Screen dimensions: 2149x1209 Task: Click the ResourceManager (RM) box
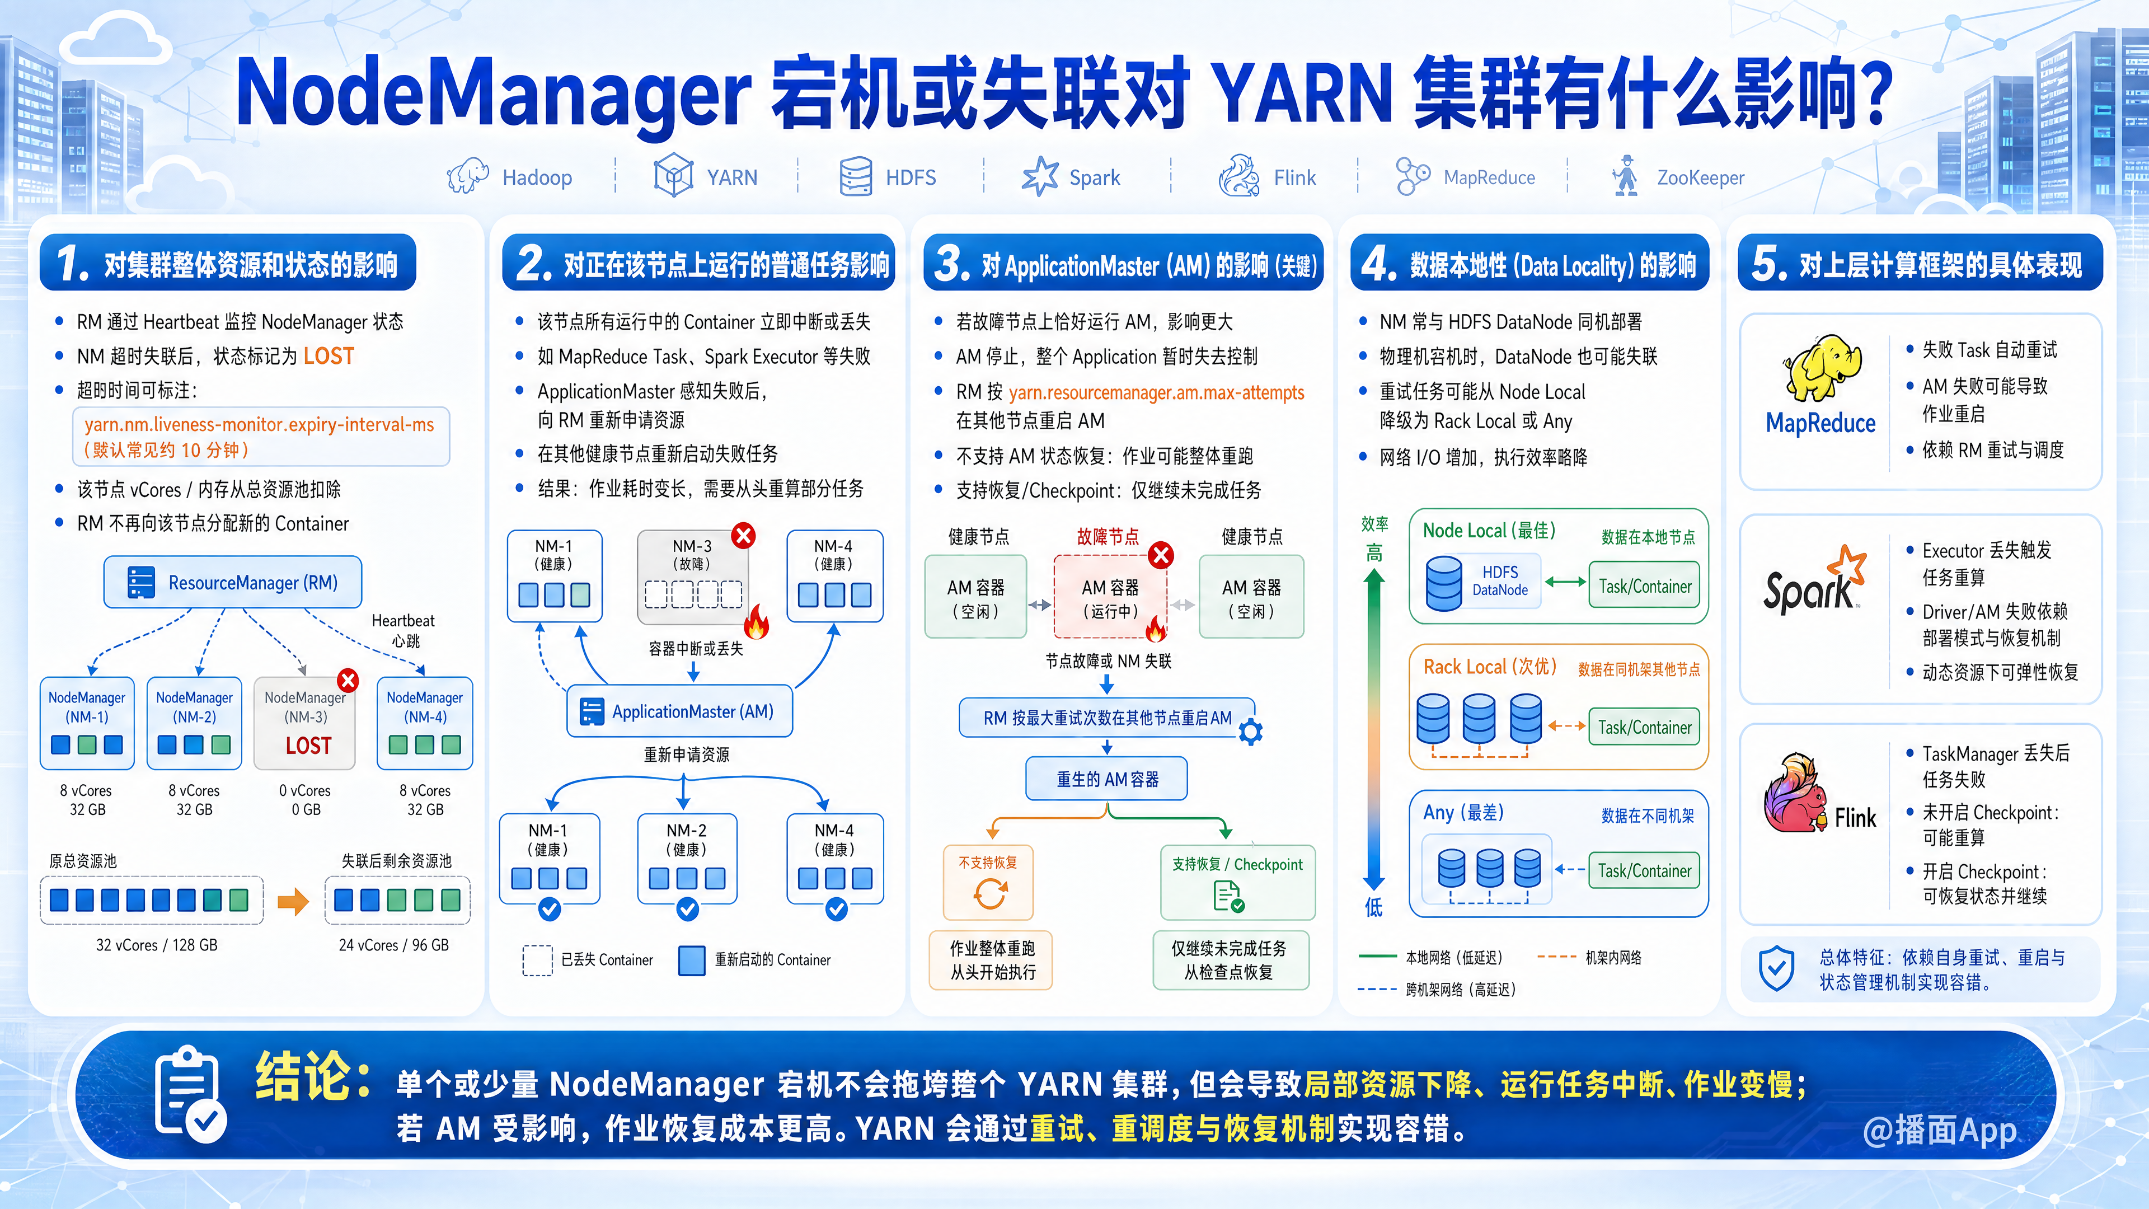point(233,582)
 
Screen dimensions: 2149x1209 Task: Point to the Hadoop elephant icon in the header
point(467,176)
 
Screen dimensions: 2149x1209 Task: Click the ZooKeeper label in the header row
point(1700,178)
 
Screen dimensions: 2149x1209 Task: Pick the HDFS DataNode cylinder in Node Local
point(1444,582)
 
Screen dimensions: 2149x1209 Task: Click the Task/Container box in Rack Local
point(1644,727)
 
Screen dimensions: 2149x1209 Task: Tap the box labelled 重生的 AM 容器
point(1106,779)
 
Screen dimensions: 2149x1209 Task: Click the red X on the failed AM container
point(1161,555)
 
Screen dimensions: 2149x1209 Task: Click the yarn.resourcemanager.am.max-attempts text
point(1156,393)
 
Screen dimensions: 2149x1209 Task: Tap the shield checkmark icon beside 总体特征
point(1776,968)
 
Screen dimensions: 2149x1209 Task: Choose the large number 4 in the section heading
point(1378,264)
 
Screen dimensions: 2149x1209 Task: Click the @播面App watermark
point(1940,1131)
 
